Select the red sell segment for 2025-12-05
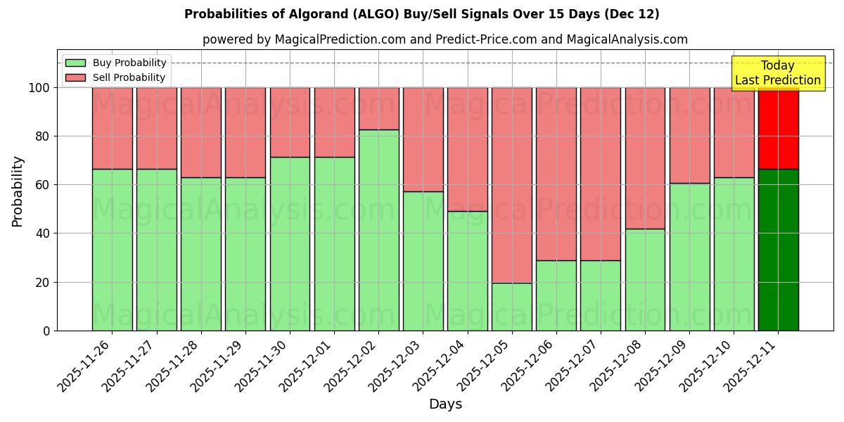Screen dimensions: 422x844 click(x=512, y=185)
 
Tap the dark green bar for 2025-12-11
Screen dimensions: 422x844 click(x=779, y=250)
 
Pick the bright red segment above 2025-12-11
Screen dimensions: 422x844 click(x=779, y=128)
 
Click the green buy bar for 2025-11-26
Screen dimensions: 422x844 click(x=112, y=250)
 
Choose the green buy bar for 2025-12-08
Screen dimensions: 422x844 click(x=645, y=279)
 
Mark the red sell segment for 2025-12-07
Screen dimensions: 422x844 click(x=601, y=174)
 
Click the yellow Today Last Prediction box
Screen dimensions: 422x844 click(x=777, y=73)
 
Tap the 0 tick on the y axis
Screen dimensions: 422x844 click(x=47, y=331)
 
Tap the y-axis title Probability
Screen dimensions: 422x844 click(x=18, y=191)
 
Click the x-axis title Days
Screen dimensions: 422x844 click(x=445, y=404)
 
